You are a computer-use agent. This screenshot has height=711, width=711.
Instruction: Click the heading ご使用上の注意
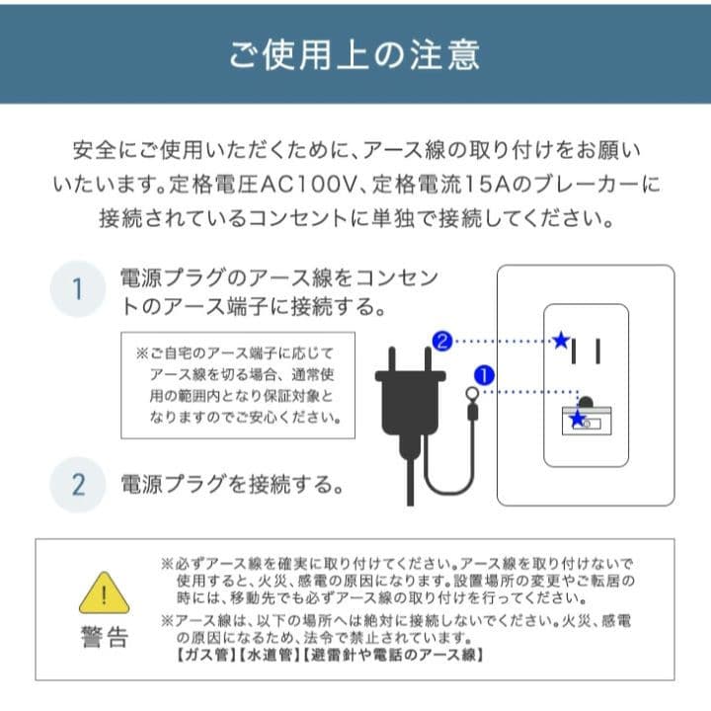pyautogui.click(x=355, y=53)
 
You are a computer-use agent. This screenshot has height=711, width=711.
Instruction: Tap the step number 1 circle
pyautogui.click(x=77, y=289)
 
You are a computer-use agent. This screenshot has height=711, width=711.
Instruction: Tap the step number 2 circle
pyautogui.click(x=77, y=485)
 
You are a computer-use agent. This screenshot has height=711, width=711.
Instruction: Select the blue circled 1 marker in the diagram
pyautogui.click(x=484, y=375)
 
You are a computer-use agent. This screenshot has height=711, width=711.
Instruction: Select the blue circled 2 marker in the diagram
pyautogui.click(x=443, y=342)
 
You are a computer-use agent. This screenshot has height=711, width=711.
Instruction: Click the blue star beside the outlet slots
pyautogui.click(x=561, y=342)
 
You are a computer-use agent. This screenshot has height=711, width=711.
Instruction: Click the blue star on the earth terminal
pyautogui.click(x=578, y=418)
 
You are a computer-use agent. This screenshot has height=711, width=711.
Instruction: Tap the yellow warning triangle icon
pyautogui.click(x=104, y=592)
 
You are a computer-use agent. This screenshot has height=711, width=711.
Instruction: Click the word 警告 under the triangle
pyautogui.click(x=104, y=637)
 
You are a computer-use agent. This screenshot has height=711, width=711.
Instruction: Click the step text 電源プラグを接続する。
pyautogui.click(x=232, y=485)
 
